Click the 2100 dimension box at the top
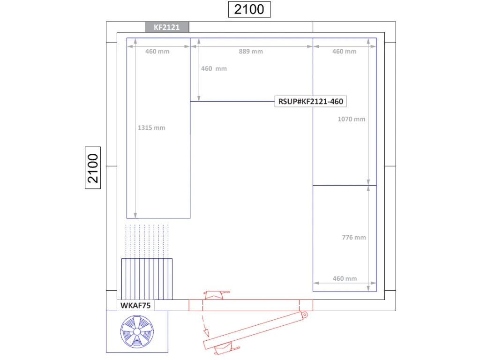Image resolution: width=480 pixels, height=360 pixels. (x=249, y=9)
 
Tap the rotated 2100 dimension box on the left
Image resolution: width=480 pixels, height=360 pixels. (x=93, y=168)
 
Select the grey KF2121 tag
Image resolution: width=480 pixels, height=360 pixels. (x=167, y=27)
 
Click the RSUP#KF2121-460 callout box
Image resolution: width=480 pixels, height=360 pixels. (x=310, y=101)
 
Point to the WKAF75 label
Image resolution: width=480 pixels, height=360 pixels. (x=135, y=305)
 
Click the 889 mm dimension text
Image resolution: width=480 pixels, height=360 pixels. (x=251, y=52)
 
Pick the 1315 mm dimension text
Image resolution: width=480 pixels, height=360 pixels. (x=151, y=127)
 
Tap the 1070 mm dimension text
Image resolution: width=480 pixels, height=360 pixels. (x=352, y=119)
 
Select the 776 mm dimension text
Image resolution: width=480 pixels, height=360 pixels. (x=354, y=237)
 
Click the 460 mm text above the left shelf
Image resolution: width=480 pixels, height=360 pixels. (x=157, y=52)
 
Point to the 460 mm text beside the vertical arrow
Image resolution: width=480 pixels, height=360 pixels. (x=214, y=68)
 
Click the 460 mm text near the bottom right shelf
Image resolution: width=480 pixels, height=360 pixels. (x=345, y=278)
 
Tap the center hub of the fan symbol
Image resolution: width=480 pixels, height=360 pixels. (x=137, y=332)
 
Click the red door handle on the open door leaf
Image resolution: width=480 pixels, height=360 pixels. (x=226, y=349)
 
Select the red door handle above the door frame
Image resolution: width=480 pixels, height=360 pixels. (x=217, y=295)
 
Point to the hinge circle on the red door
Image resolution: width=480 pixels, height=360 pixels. (x=305, y=315)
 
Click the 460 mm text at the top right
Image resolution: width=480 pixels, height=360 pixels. (x=345, y=52)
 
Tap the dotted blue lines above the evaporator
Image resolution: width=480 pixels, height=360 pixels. (x=147, y=241)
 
